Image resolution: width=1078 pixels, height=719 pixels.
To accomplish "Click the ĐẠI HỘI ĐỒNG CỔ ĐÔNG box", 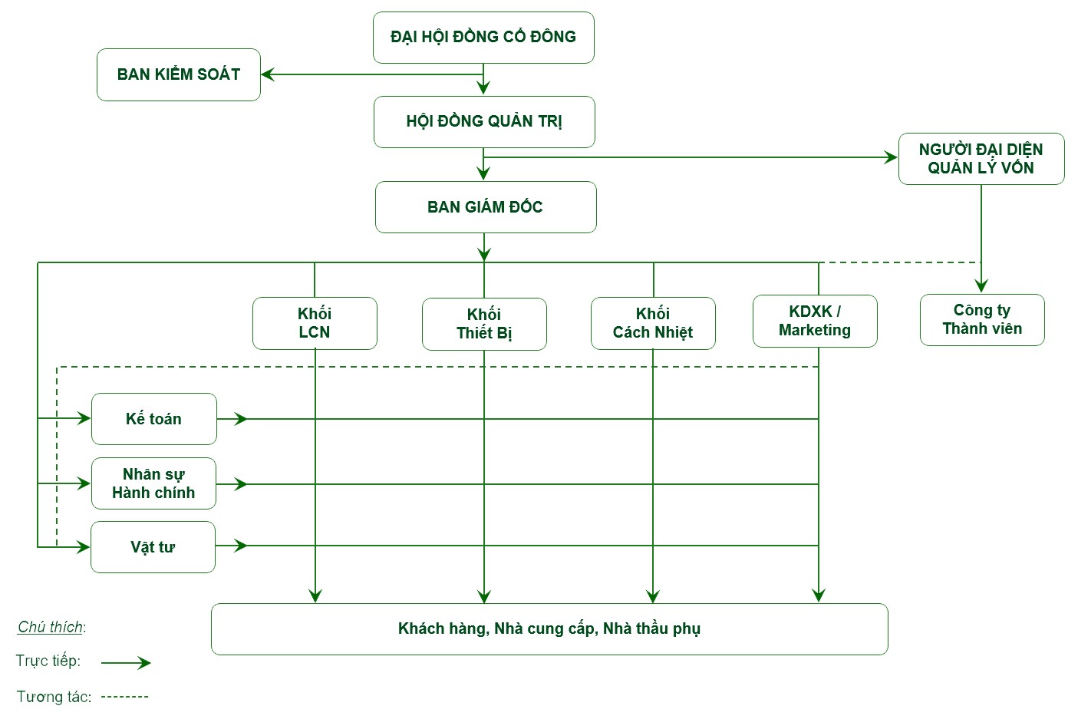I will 483,37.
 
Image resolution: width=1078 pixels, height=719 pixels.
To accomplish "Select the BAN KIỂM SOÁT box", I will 179,74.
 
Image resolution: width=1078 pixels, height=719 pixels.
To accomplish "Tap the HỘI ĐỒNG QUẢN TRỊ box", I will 484,121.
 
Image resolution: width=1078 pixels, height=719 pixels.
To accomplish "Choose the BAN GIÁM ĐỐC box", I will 485,206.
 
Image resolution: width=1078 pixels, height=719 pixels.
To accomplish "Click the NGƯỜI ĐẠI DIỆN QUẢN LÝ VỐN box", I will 981,159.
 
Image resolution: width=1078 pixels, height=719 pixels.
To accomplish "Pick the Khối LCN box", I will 315,323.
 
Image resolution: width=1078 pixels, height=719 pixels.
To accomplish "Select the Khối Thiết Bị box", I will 484,324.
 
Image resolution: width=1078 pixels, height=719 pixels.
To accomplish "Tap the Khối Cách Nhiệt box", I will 653,323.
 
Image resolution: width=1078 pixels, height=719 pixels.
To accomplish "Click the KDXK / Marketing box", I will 815,321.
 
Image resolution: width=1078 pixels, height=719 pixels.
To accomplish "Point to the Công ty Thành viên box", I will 982,319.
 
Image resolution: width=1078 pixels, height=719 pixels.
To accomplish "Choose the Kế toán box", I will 153,419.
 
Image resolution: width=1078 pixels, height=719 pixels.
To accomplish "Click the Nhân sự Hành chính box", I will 153,483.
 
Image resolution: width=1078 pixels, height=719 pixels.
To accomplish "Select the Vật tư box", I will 153,547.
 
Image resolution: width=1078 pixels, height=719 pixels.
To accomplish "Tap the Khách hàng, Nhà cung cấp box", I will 549,629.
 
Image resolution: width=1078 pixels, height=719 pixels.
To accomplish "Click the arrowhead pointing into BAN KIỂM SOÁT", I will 268,74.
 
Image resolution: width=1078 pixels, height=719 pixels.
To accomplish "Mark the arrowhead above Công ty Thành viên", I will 981,286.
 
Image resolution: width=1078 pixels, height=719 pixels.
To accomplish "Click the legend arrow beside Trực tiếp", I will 127,663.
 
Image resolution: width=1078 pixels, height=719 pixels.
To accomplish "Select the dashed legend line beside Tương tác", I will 125,697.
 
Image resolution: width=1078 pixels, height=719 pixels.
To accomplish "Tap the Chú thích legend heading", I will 51,627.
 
